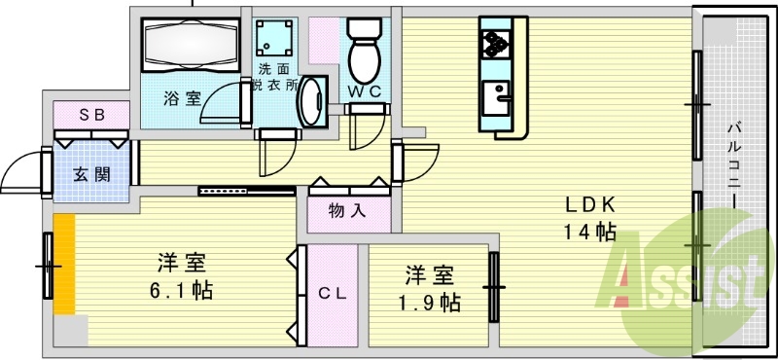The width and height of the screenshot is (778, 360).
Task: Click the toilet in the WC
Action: coord(365,54)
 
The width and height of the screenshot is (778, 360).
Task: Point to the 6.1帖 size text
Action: coord(182,290)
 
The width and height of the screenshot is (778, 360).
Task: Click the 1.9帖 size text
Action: coord(428,302)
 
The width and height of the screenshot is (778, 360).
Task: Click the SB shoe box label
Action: coord(91,114)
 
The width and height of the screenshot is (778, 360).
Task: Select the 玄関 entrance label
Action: coord(91,175)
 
